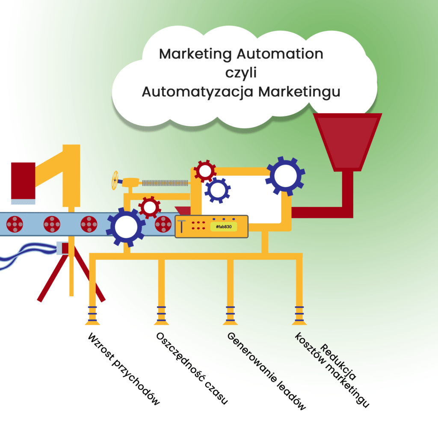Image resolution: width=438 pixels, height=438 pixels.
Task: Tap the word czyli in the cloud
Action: click(241, 73)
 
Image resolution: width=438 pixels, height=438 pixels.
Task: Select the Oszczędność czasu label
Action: click(192, 368)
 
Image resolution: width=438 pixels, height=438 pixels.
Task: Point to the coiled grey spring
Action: click(165, 183)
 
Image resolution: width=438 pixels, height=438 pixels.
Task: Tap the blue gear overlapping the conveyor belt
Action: click(126, 227)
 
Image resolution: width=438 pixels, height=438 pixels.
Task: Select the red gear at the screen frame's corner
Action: click(205, 171)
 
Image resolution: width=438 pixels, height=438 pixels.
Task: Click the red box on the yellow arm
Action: click(23, 181)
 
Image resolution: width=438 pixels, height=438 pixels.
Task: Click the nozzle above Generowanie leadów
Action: click(230, 315)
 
